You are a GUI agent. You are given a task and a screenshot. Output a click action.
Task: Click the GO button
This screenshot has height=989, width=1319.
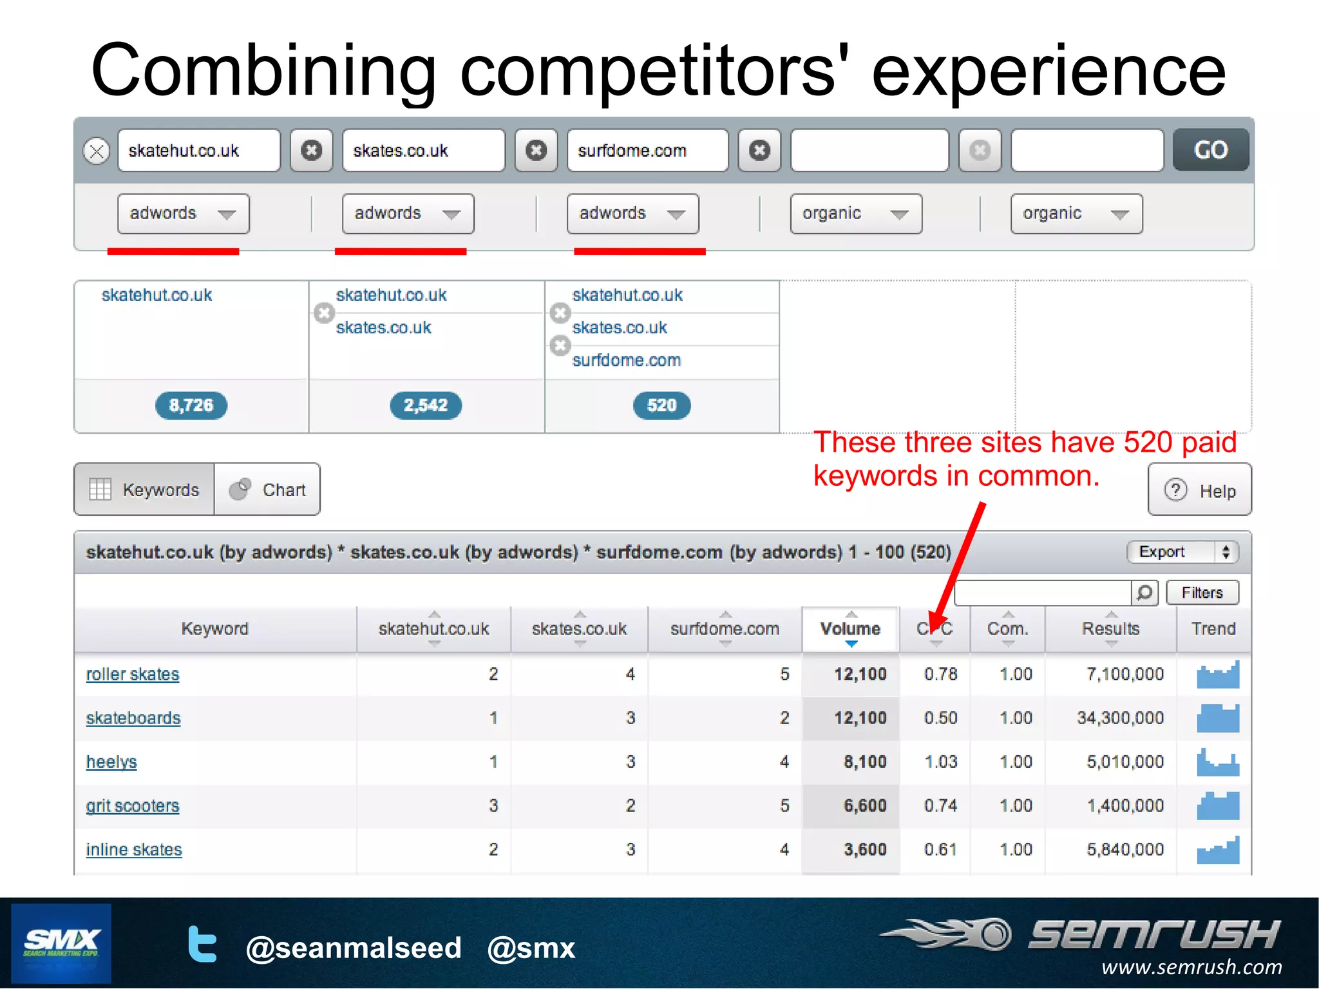pos(1210,150)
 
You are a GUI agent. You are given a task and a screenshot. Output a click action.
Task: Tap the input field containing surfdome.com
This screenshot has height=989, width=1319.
pos(647,151)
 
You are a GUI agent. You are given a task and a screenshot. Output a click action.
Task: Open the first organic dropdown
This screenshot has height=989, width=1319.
pos(855,214)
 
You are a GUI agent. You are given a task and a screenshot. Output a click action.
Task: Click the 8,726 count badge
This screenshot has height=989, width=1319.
pos(191,405)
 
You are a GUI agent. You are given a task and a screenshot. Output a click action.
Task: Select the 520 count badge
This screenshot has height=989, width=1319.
pos(661,405)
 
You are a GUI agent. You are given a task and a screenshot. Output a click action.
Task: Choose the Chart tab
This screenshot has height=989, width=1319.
pos(267,490)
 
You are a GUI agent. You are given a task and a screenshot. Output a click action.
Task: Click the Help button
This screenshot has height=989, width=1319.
pos(1199,490)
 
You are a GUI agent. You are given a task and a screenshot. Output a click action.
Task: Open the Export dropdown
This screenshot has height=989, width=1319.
pos(1182,552)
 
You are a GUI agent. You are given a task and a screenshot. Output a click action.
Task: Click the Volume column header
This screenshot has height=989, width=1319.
pos(850,629)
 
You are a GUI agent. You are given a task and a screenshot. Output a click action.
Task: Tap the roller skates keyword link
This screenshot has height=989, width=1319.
pos(133,675)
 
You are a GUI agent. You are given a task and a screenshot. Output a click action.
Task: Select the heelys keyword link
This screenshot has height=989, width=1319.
pos(111,762)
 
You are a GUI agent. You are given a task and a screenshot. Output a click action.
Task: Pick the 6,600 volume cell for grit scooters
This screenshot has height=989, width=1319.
pos(865,806)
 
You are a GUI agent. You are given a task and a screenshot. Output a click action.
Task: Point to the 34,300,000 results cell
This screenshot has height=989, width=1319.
pos(1120,718)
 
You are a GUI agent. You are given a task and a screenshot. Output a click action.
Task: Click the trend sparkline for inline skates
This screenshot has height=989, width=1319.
pos(1217,850)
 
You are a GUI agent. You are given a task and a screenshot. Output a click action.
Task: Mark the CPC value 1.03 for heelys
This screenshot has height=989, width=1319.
pos(940,762)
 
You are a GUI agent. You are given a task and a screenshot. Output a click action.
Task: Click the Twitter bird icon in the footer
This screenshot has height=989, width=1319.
pos(202,945)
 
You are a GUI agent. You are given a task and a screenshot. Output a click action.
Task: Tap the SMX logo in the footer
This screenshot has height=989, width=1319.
pos(61,944)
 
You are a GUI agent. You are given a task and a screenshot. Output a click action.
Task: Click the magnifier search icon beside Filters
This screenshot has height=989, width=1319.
pos(1144,593)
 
